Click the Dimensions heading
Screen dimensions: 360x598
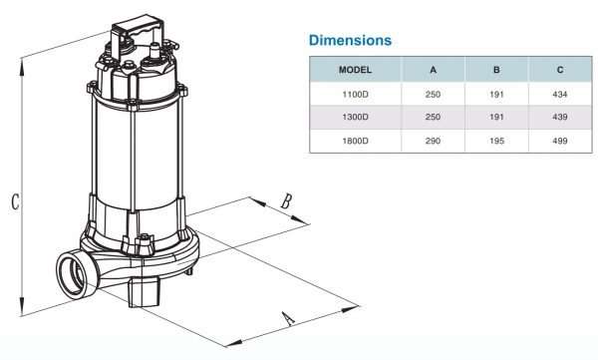(x=350, y=41)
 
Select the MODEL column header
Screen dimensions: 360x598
(x=356, y=70)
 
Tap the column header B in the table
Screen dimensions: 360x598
(x=495, y=70)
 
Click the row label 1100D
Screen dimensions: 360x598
(x=356, y=94)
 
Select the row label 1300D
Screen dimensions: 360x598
(x=356, y=118)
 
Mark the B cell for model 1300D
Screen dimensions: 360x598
(x=495, y=118)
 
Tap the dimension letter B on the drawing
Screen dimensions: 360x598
(x=286, y=200)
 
